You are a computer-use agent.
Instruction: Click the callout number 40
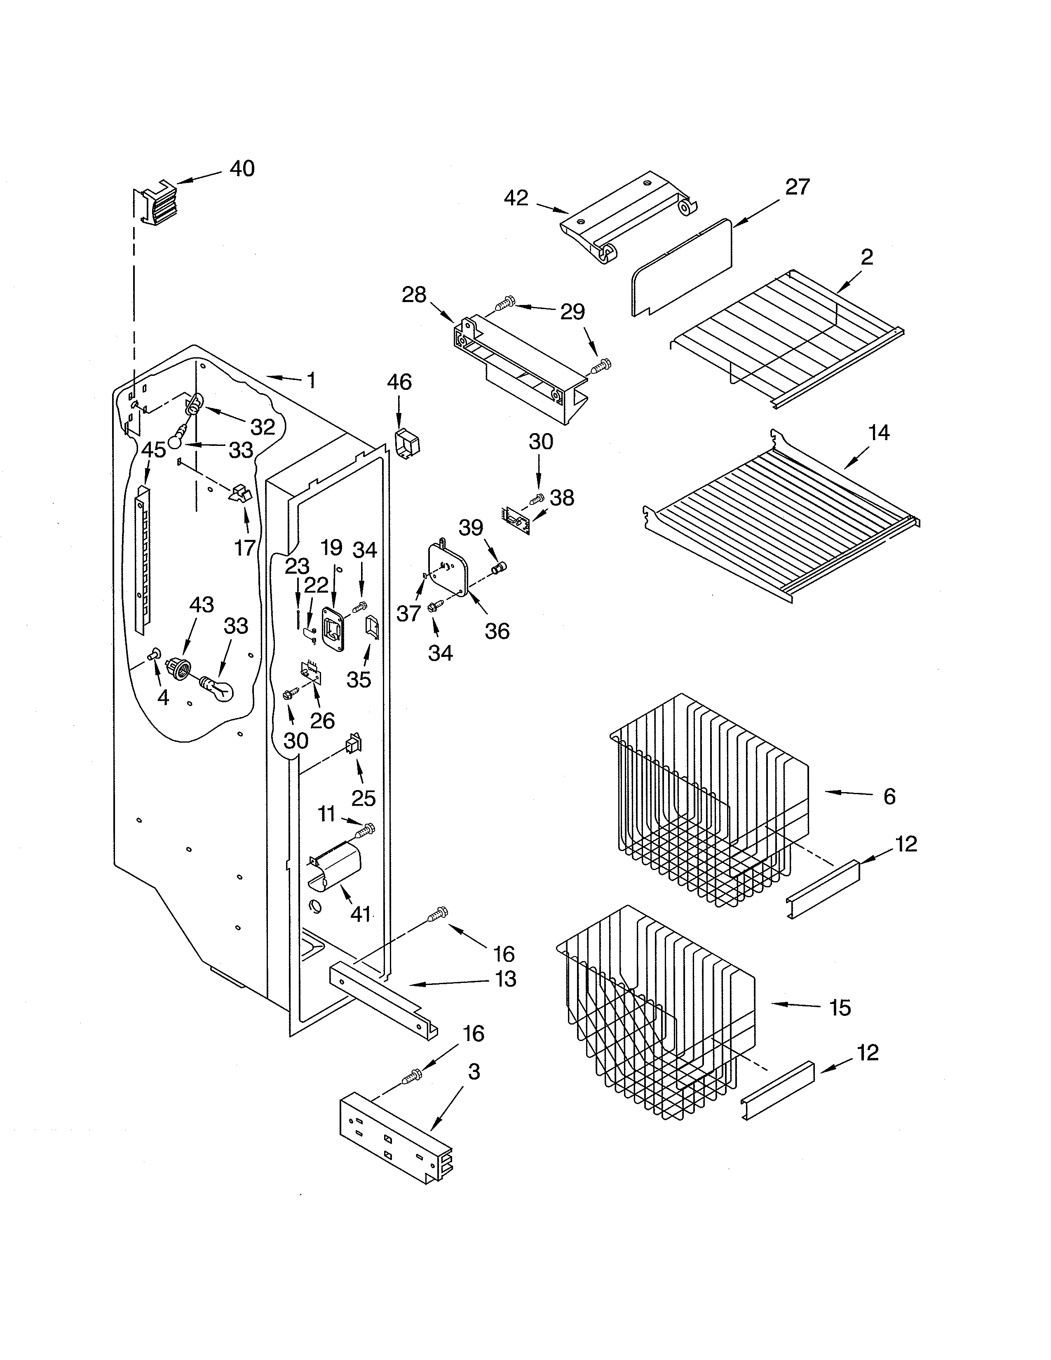click(x=242, y=168)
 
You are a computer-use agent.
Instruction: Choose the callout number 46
click(x=399, y=382)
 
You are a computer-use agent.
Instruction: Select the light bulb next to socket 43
click(x=217, y=689)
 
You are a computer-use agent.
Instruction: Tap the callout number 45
click(x=154, y=450)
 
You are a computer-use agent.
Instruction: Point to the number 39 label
click(x=471, y=528)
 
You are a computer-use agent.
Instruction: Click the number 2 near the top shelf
click(x=867, y=257)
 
